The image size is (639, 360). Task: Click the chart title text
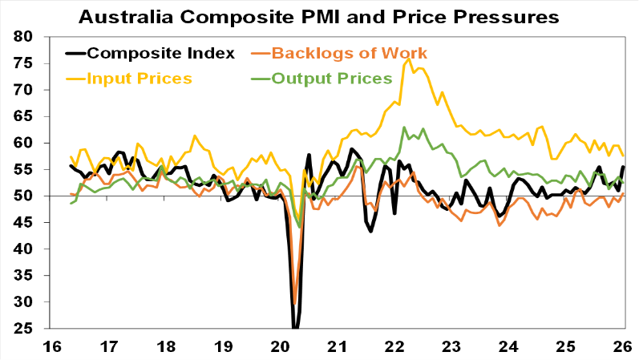[318, 16]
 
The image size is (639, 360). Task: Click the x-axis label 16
[53, 346]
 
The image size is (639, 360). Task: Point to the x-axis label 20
[281, 346]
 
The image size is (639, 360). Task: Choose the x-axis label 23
[451, 346]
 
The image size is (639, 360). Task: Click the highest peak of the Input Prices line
[409, 58]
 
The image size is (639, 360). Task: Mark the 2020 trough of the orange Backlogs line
[295, 302]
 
